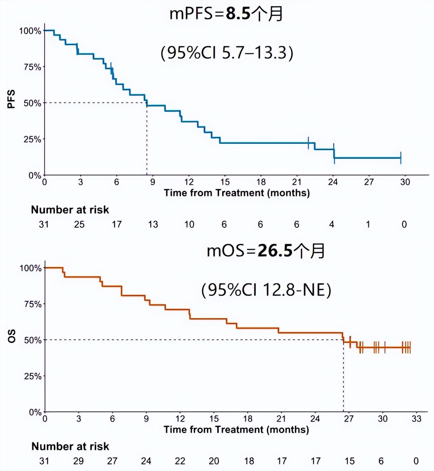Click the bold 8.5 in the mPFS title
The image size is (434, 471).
(238, 14)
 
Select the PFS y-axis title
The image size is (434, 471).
(11, 99)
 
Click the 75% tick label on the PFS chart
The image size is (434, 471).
(32, 67)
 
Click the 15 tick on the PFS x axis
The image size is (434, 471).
(225, 182)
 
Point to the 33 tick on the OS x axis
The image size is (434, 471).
(416, 419)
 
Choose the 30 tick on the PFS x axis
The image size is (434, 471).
(405, 182)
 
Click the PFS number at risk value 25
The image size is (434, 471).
(79, 224)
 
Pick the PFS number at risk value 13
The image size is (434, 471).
(153, 224)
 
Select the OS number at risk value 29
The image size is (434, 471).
(78, 461)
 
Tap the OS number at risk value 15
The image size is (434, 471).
(349, 461)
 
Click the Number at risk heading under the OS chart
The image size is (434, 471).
(70, 447)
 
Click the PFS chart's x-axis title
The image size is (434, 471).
(237, 193)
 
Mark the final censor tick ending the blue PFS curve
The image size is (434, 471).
(401, 158)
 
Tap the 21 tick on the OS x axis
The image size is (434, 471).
(281, 419)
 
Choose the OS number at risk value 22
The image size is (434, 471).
(180, 461)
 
